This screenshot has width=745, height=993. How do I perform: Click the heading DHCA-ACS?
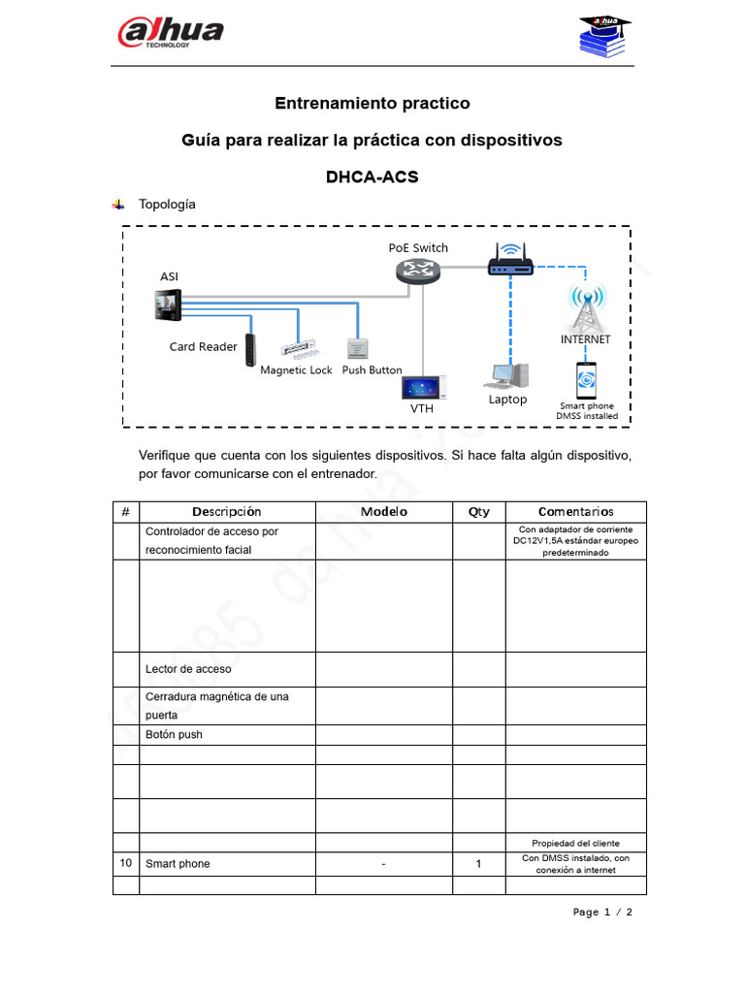click(372, 177)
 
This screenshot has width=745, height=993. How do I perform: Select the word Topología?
click(167, 205)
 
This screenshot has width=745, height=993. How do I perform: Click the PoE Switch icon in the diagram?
click(419, 272)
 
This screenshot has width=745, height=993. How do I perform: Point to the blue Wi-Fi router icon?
click(510, 262)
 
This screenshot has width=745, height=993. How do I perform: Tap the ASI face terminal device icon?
click(167, 307)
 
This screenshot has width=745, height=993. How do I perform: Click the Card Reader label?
click(203, 347)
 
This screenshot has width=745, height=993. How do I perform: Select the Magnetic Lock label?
click(296, 370)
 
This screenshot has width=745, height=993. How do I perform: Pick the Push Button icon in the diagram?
click(356, 349)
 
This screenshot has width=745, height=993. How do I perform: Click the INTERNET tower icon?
click(586, 309)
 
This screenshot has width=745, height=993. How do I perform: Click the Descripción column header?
click(226, 512)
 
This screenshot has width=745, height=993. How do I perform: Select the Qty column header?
click(478, 512)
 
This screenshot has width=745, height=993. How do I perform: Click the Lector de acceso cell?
click(188, 669)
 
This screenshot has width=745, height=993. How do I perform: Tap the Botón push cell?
click(174, 735)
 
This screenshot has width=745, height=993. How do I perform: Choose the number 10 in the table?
click(125, 863)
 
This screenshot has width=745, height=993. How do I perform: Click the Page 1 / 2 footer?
click(602, 913)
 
